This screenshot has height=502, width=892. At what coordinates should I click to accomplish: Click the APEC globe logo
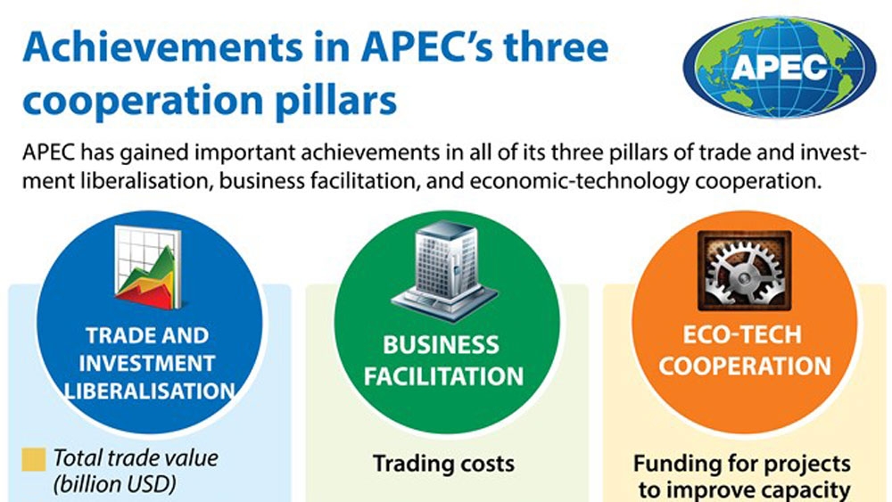point(779,67)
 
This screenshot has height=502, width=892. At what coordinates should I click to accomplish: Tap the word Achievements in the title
point(162,47)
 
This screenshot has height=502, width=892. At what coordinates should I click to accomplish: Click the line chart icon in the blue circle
point(148,267)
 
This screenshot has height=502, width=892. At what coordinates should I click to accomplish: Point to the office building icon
point(444,271)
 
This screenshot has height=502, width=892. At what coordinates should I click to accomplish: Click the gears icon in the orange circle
point(744,270)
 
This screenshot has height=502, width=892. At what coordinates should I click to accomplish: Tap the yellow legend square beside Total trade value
point(34,459)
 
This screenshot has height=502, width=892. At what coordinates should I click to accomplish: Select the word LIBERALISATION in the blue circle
point(150,391)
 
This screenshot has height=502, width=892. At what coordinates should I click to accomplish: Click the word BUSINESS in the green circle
point(441,345)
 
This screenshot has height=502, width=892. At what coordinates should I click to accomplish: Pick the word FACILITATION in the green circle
point(443,376)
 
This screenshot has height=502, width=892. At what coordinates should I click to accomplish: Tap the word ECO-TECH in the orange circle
point(742,335)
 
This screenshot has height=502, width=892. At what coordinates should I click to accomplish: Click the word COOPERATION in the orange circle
point(745,366)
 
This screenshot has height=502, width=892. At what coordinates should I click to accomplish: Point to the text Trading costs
point(443,464)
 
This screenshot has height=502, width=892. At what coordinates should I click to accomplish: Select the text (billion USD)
point(114,484)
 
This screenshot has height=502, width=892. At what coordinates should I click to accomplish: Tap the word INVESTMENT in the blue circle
point(147,363)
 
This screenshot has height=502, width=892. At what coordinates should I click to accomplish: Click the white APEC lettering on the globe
point(779,67)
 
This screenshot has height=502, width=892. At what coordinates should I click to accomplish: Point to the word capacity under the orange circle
point(805,490)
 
